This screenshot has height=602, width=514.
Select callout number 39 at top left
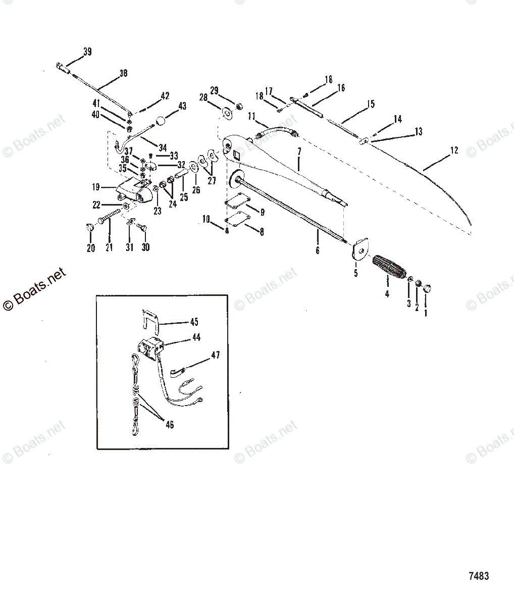pos(87,52)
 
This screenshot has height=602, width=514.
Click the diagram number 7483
pos(478,576)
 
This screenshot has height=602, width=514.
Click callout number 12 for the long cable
pos(454,150)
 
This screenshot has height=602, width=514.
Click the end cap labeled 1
pos(427,289)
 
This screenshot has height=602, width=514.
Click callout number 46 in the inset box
pos(170,425)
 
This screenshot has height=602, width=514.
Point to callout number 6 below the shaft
pos(317,249)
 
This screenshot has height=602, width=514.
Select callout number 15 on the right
pos(371,105)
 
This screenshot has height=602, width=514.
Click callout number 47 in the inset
pos(216,356)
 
